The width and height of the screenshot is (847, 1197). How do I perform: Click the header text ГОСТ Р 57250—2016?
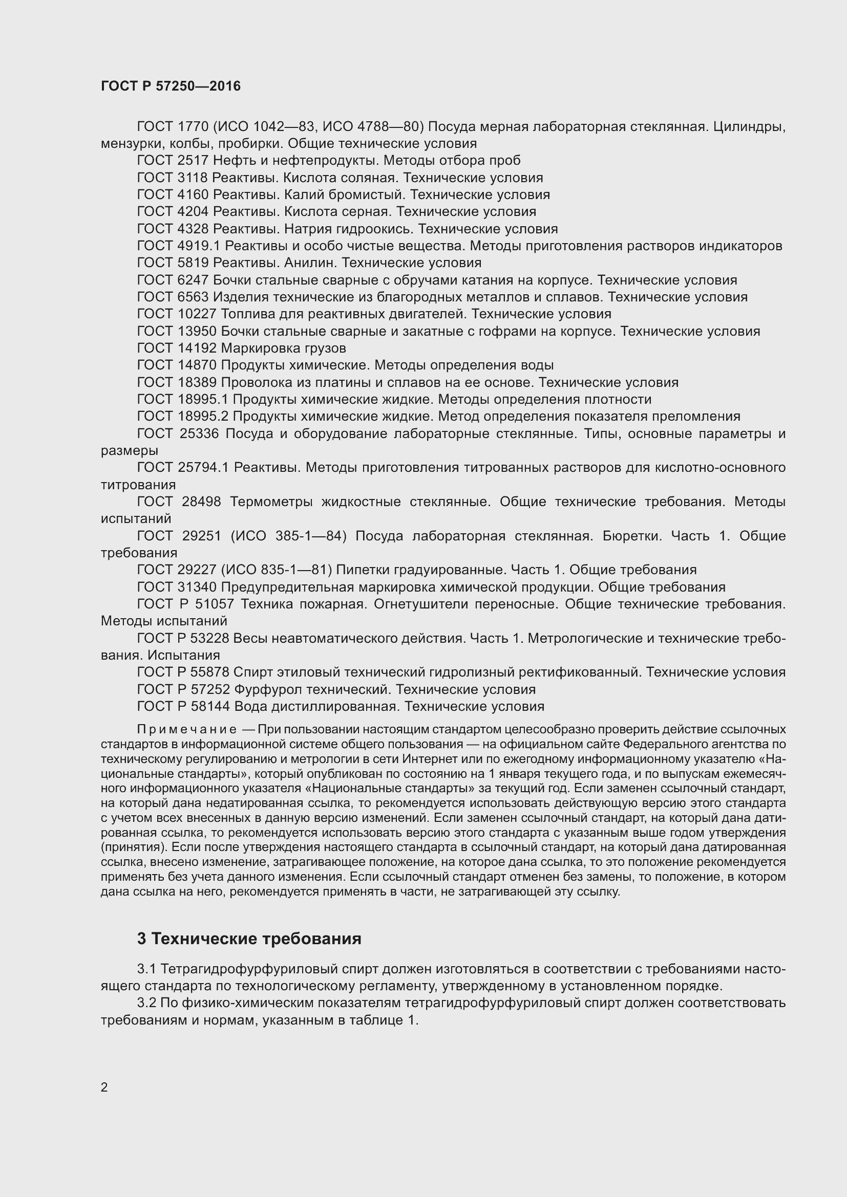[x=171, y=86]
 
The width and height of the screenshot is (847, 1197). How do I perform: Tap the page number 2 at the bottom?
[x=104, y=1087]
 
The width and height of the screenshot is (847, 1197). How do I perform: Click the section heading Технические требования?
[x=256, y=939]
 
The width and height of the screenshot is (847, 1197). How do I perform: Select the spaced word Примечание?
[x=187, y=729]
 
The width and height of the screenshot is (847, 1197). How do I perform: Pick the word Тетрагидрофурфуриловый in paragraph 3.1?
[x=249, y=969]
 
